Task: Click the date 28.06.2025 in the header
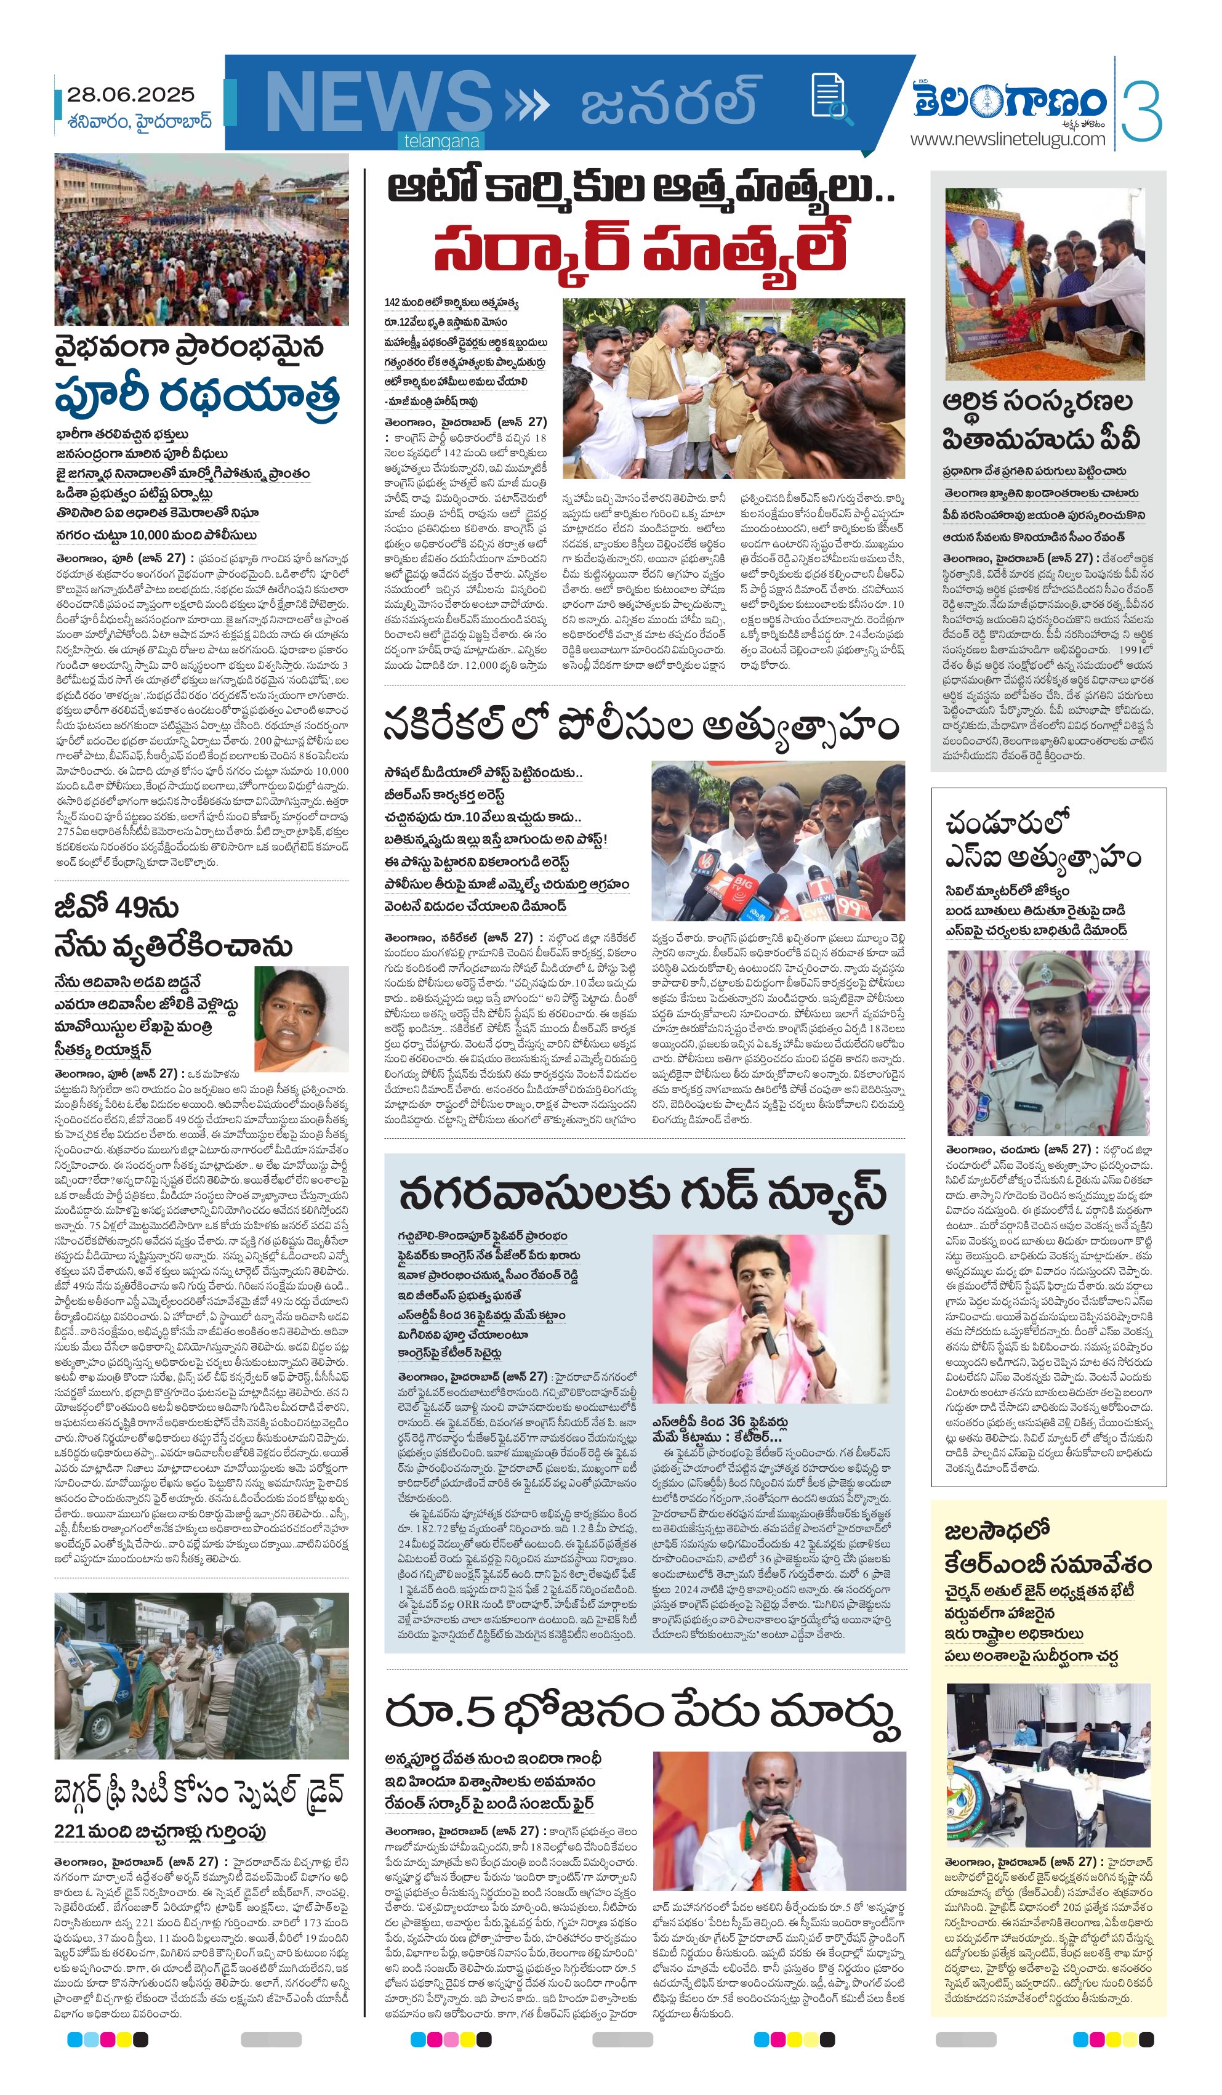pos(131,95)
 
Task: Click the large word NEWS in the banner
pos(378,103)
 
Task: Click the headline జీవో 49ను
pos(117,907)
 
